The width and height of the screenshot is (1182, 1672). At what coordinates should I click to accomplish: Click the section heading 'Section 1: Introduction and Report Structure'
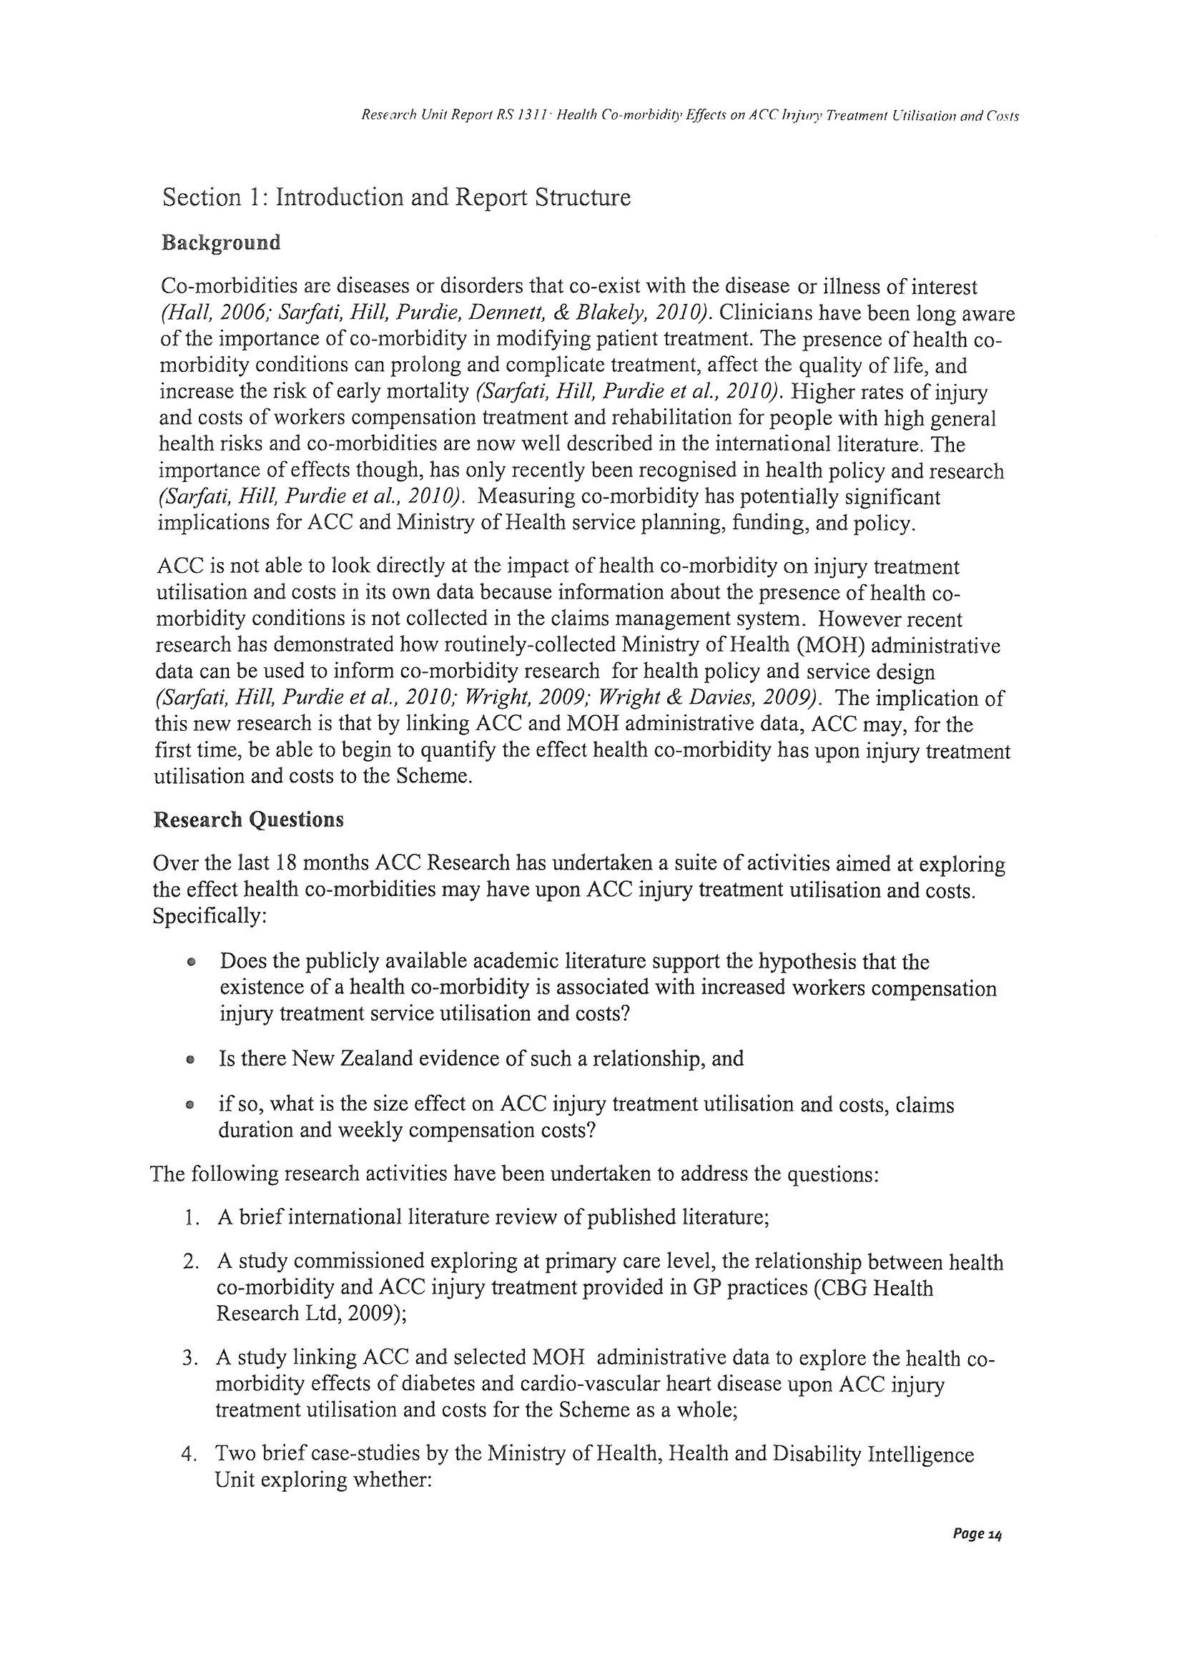[x=396, y=197]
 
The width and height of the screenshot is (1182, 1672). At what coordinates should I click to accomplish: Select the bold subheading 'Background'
[x=221, y=242]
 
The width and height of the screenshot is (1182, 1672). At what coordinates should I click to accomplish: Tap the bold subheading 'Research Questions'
[x=248, y=820]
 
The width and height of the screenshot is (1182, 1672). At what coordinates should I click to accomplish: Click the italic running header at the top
[x=689, y=116]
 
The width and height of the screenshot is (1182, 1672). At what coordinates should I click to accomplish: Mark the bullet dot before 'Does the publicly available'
[x=190, y=962]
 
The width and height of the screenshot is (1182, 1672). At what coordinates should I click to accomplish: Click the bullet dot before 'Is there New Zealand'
[x=190, y=1060]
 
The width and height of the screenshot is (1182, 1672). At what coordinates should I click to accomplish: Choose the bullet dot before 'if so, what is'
[x=190, y=1106]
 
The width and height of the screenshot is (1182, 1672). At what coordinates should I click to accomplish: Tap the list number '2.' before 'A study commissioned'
[x=191, y=1263]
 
